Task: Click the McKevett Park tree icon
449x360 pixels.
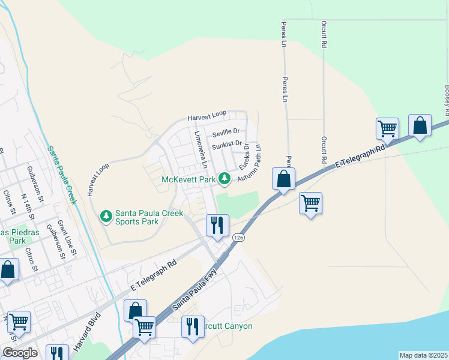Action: tap(224, 178)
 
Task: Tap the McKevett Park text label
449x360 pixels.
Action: tap(188, 179)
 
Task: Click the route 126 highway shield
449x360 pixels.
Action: tap(239, 238)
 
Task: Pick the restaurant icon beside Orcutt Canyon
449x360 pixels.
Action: tap(193, 327)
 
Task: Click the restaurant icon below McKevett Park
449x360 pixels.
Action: tap(217, 225)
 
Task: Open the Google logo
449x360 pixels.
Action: tap(20, 353)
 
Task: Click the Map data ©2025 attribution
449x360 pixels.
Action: tap(423, 355)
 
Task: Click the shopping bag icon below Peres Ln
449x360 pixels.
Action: tap(283, 179)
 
